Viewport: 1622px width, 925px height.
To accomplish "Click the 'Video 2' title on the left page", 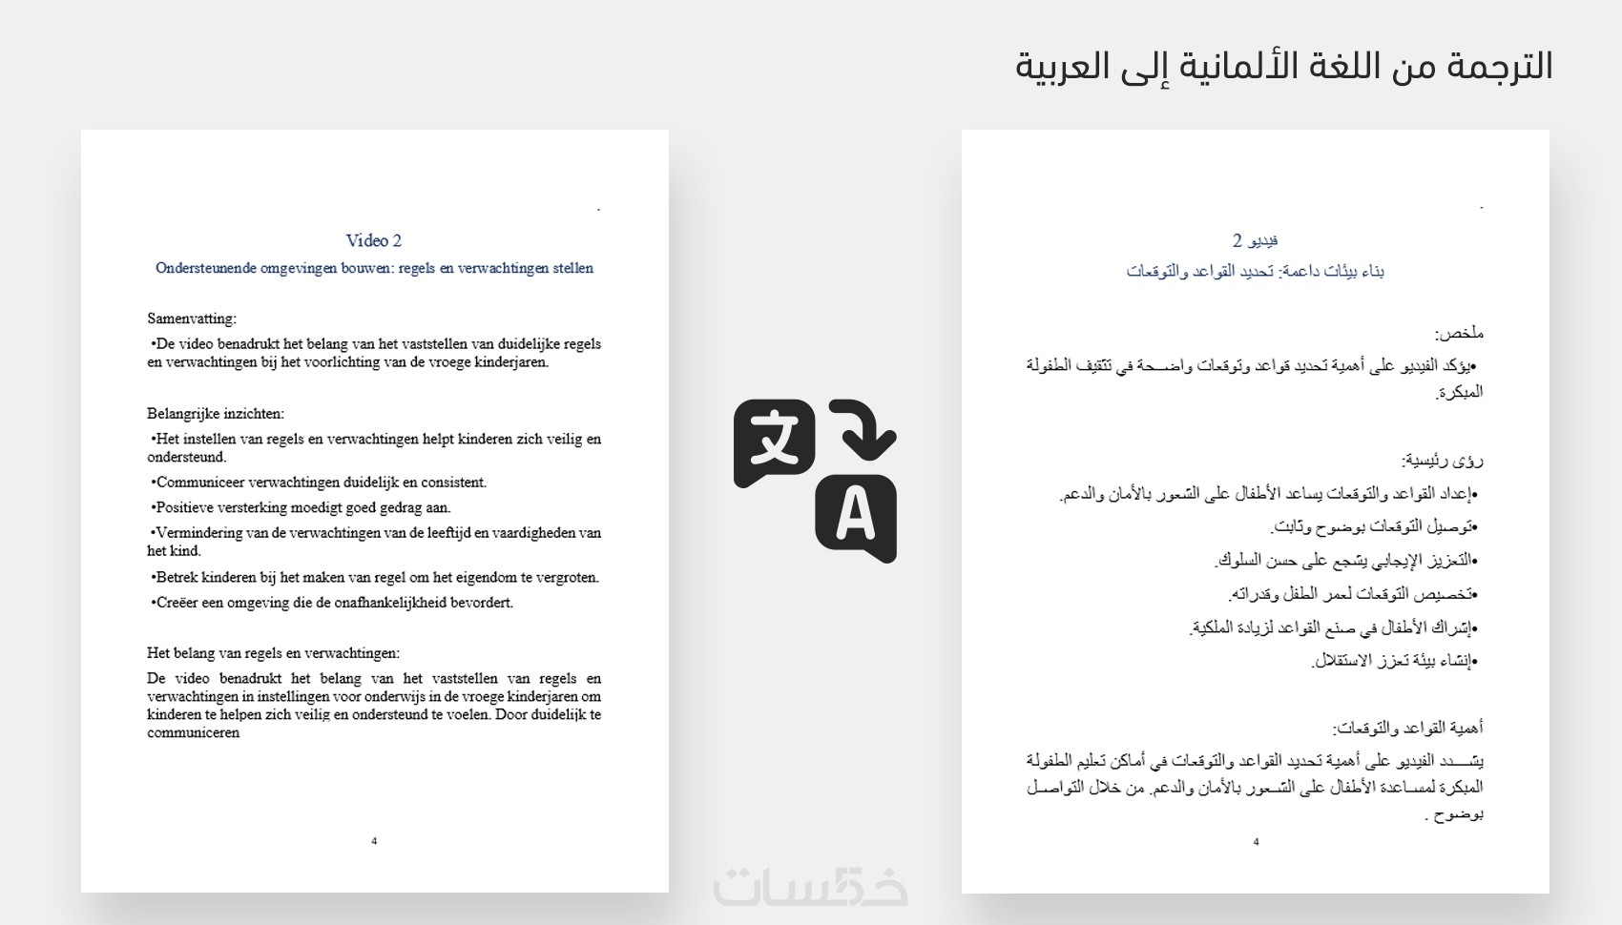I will pyautogui.click(x=373, y=240).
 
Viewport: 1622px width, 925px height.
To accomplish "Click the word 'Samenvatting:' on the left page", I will pyautogui.click(x=191, y=319).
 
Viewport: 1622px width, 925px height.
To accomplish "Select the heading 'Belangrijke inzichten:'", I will pyautogui.click(x=216, y=414).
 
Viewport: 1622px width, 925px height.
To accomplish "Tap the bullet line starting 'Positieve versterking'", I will pyautogui.click(x=302, y=507).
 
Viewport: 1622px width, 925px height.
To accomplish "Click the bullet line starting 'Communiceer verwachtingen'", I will pyautogui.click(x=320, y=483).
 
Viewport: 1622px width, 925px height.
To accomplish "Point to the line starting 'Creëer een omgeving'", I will pyautogui.click(x=333, y=603).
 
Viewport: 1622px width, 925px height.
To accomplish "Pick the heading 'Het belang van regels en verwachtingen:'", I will pyautogui.click(x=273, y=653).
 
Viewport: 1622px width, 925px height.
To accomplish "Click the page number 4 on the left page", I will pyautogui.click(x=374, y=841).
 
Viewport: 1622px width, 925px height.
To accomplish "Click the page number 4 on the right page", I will pyautogui.click(x=1256, y=842).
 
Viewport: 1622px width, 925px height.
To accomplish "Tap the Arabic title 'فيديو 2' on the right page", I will pyautogui.click(x=1255, y=240).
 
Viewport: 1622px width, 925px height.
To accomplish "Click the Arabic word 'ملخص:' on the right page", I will pyautogui.click(x=1459, y=334).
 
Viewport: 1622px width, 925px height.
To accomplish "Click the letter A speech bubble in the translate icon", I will pyautogui.click(x=855, y=516).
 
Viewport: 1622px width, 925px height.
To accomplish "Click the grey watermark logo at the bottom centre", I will pyautogui.click(x=811, y=886).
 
